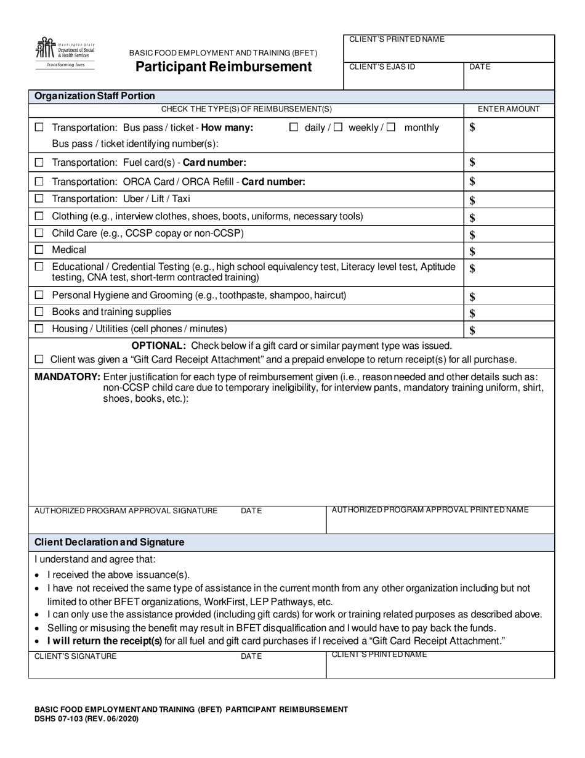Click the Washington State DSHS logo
(65, 53)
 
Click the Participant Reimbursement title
(224, 67)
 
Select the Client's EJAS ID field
(403, 76)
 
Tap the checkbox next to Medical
(39, 250)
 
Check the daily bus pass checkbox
(294, 128)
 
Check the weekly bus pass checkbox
(337, 128)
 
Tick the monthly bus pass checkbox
(392, 128)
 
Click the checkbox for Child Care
(39, 233)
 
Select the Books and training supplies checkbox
(39, 312)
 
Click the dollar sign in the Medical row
(472, 251)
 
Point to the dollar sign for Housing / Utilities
(472, 330)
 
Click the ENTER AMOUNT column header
(509, 109)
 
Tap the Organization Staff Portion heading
(95, 96)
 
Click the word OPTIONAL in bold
(158, 346)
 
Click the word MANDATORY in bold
(67, 377)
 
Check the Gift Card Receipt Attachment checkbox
(39, 359)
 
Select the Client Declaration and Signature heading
(109, 542)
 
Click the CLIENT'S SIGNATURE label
(75, 656)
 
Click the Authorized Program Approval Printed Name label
(430, 510)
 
